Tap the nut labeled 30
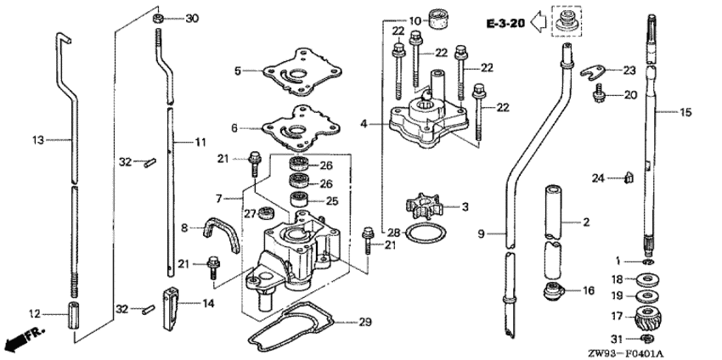tap(160, 18)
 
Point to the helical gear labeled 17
tap(649, 322)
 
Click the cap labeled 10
tap(440, 18)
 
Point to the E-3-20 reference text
tap(504, 23)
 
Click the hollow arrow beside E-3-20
tap(538, 23)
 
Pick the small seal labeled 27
tap(266, 211)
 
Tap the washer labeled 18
tap(649, 279)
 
